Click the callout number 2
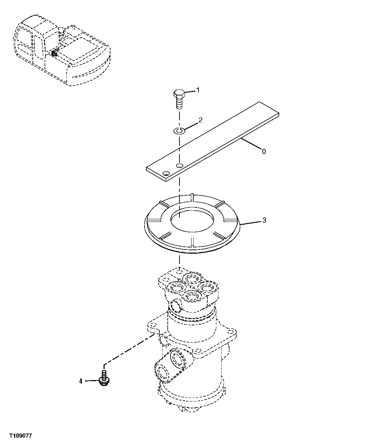(x=200, y=120)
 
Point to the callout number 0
(x=264, y=151)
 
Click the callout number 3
(x=264, y=220)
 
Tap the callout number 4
(x=81, y=381)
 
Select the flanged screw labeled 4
(x=103, y=378)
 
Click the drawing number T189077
(x=20, y=436)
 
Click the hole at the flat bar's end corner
(x=166, y=173)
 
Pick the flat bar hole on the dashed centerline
(x=179, y=166)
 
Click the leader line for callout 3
(x=251, y=222)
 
